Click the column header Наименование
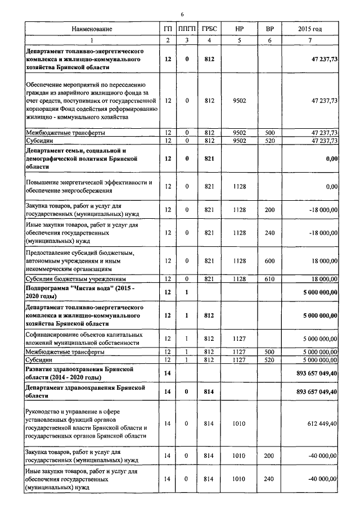coord(92,28)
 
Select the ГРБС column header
coord(210,28)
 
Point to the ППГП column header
coord(184,28)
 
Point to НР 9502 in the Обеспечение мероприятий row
coord(238,101)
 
